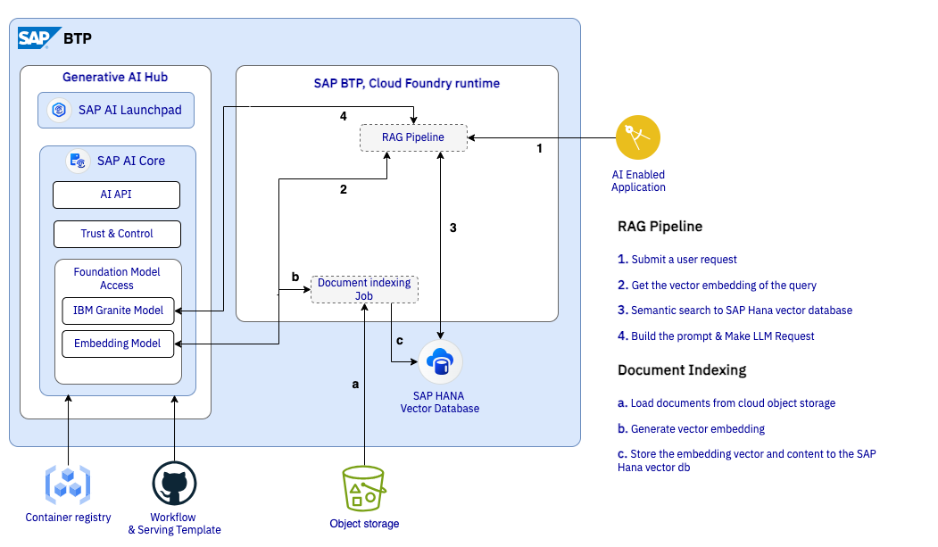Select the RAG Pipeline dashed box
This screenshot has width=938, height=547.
413,137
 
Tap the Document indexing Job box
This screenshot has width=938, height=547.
364,289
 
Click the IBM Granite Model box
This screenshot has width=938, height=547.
118,311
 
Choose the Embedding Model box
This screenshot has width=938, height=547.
118,344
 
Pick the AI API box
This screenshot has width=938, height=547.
117,195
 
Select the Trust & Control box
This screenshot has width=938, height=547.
117,234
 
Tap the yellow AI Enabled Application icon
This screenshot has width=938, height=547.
638,137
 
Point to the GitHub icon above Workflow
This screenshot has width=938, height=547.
174,485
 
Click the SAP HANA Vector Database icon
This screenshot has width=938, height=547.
440,362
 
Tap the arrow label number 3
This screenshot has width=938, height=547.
453,228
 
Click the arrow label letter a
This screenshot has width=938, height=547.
355,385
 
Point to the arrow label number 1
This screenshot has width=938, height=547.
539,149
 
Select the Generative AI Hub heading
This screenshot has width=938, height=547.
115,78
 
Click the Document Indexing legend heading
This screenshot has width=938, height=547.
682,369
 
